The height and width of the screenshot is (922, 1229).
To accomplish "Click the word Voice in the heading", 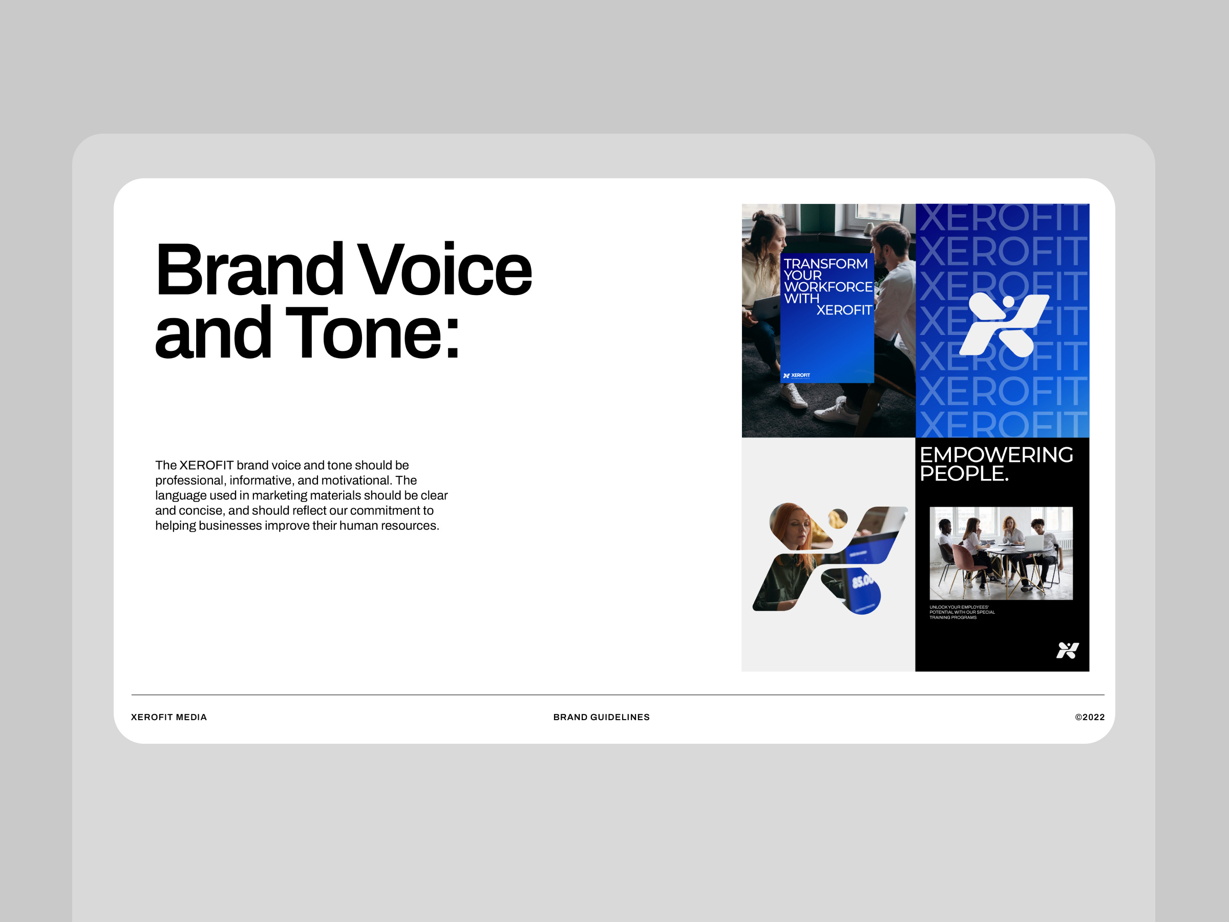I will (x=444, y=270).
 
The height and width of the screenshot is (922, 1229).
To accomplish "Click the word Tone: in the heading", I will (x=373, y=333).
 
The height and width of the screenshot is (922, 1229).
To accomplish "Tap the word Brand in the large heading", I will (x=249, y=270).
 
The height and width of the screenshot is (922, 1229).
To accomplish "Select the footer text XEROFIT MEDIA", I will (x=169, y=717).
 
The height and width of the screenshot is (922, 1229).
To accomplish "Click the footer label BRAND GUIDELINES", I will (x=601, y=717).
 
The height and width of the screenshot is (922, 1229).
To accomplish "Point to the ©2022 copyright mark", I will (x=1089, y=717).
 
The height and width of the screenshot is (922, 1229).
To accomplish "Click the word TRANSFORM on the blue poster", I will (x=825, y=263).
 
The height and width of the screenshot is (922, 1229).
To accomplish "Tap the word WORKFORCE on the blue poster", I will (x=828, y=287).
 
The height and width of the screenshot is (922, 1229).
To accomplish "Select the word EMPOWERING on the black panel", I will (x=996, y=455).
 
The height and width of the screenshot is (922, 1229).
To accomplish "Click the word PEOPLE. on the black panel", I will (x=963, y=473).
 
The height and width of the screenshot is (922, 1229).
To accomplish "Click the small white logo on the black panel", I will (x=1067, y=649).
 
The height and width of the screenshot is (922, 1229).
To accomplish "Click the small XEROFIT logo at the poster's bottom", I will (x=796, y=375).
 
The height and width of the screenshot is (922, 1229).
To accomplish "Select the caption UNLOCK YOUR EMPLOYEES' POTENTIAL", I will (x=962, y=612).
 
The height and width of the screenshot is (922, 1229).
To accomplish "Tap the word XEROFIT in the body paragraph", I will (x=206, y=465).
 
